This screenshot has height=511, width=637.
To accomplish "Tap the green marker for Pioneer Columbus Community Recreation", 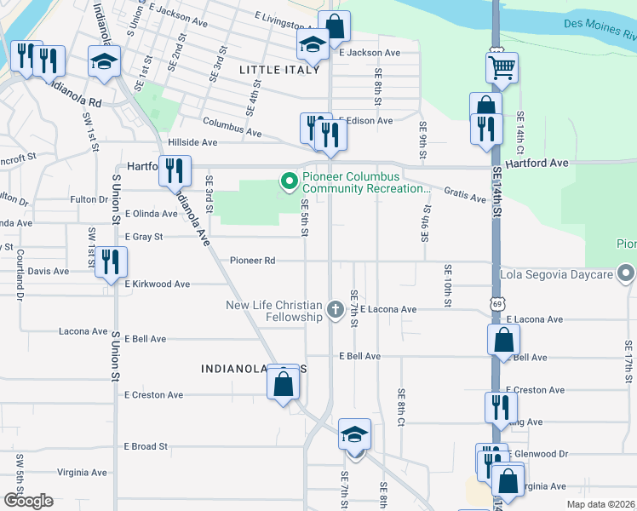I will point(289,180).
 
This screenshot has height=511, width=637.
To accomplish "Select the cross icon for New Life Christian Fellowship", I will point(336,307).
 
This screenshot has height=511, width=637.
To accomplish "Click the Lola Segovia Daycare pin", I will point(626,275).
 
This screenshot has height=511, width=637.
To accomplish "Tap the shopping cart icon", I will point(502,66).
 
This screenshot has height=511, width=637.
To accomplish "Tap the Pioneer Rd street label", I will point(254,261).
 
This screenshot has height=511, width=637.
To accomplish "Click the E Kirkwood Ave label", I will point(159,284).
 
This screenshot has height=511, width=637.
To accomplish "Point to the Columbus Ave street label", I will point(232,126).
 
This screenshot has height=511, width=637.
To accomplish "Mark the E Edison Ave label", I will point(366,121).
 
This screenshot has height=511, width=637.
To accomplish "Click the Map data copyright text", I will point(600,503).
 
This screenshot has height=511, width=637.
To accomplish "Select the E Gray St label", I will point(143,237).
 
